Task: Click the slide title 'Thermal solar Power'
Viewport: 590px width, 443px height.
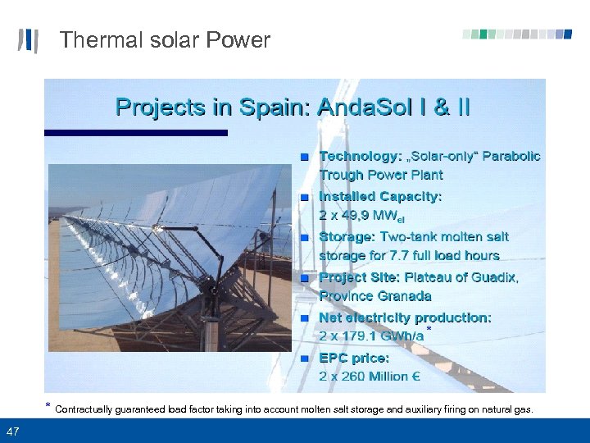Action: point(165,40)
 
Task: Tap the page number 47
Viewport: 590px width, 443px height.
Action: point(12,432)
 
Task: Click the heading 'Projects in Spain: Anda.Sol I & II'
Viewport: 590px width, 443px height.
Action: point(293,107)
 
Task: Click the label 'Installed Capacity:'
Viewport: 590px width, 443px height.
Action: point(380,197)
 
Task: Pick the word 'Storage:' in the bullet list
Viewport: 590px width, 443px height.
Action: point(347,237)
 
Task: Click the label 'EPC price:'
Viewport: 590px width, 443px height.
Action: point(354,359)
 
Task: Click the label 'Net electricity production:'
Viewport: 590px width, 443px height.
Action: point(405,317)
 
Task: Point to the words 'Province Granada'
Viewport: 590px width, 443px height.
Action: point(374,296)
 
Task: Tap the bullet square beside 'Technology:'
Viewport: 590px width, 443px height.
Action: point(304,157)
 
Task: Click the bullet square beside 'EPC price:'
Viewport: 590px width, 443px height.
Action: point(304,359)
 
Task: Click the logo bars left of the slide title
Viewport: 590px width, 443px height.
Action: point(28,40)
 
